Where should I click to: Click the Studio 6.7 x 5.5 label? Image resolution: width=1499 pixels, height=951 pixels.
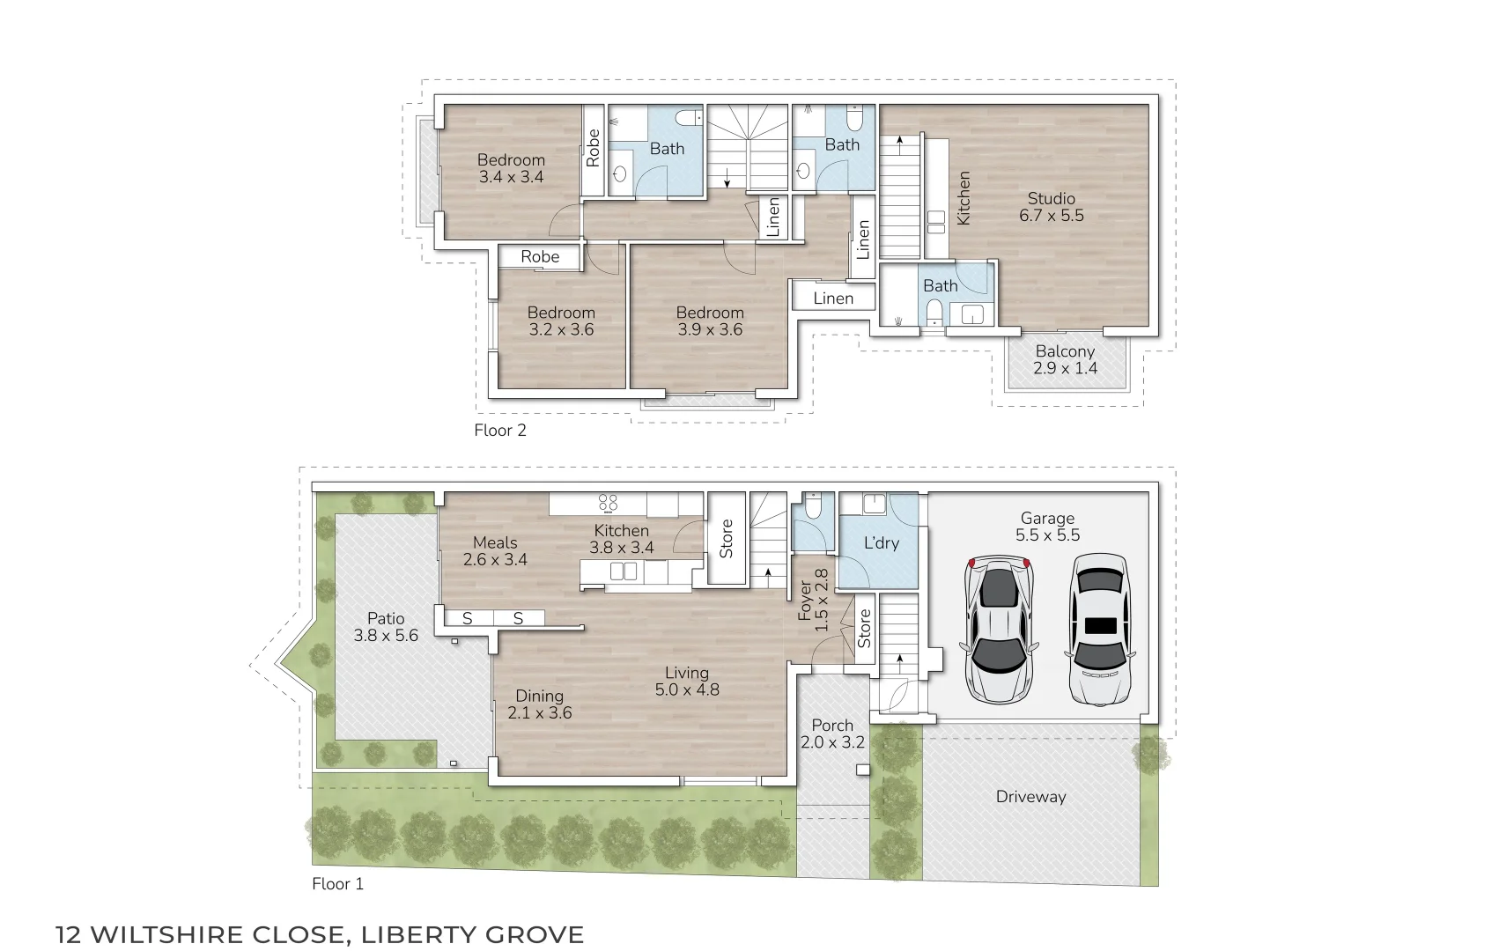click(x=1051, y=207)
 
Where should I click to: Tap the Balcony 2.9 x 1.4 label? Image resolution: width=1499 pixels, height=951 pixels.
click(x=1065, y=359)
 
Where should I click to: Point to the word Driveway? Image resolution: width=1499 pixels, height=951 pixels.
click(x=1030, y=797)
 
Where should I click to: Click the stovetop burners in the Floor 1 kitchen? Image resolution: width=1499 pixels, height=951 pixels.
click(x=608, y=503)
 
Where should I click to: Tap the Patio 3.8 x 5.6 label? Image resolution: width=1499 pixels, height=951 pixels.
click(x=386, y=627)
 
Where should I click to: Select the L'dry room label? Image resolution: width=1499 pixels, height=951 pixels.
click(x=881, y=543)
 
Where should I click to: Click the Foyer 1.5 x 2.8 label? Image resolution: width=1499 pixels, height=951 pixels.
click(x=813, y=600)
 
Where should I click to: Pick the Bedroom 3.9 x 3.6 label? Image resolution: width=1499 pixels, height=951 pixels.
click(x=710, y=321)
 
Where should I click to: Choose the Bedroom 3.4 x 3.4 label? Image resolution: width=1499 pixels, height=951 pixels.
click(x=511, y=168)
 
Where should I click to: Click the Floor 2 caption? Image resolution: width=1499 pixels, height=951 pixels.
click(x=499, y=431)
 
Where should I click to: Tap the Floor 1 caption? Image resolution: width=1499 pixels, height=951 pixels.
click(x=337, y=884)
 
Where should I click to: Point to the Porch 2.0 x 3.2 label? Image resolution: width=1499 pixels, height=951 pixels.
click(x=832, y=734)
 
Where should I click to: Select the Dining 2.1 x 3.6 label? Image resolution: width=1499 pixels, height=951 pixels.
click(x=539, y=704)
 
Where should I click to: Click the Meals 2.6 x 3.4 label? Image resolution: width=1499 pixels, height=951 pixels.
click(x=495, y=551)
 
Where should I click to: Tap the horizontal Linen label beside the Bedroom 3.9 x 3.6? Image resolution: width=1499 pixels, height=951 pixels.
click(x=833, y=299)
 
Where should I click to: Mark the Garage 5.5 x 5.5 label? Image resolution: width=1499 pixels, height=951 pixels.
click(x=1047, y=527)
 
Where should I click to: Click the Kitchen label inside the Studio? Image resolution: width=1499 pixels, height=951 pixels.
click(x=964, y=198)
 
